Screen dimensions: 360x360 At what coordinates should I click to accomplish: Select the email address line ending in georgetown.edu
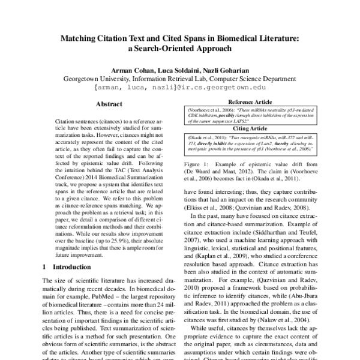pos(179,88)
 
